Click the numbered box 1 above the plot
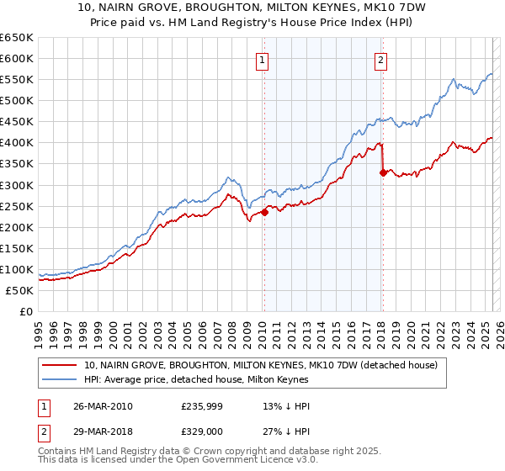tap(263, 60)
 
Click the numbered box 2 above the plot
tap(381, 60)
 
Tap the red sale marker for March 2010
tap(264, 212)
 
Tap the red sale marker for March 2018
tap(383, 172)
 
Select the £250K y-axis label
tap(17, 206)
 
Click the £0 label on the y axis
tap(25, 312)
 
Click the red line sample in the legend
tap(61, 366)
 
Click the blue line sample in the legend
tap(61, 380)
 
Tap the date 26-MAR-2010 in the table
tap(103, 406)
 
